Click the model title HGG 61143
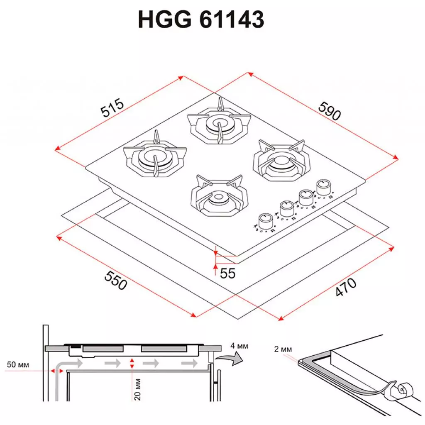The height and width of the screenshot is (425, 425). tap(201, 20)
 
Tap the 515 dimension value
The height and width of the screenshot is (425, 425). tap(112, 107)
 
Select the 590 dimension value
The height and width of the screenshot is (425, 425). tap(330, 111)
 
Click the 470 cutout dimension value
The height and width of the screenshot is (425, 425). tap(346, 287)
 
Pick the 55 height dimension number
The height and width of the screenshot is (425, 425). tap(227, 273)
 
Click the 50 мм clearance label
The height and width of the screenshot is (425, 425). tap(18, 365)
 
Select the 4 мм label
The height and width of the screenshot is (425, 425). tap(239, 345)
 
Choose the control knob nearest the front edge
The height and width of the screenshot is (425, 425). tap(263, 221)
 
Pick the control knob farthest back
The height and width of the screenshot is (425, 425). tap(323, 186)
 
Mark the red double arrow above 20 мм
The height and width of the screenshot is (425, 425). tap(132, 364)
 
